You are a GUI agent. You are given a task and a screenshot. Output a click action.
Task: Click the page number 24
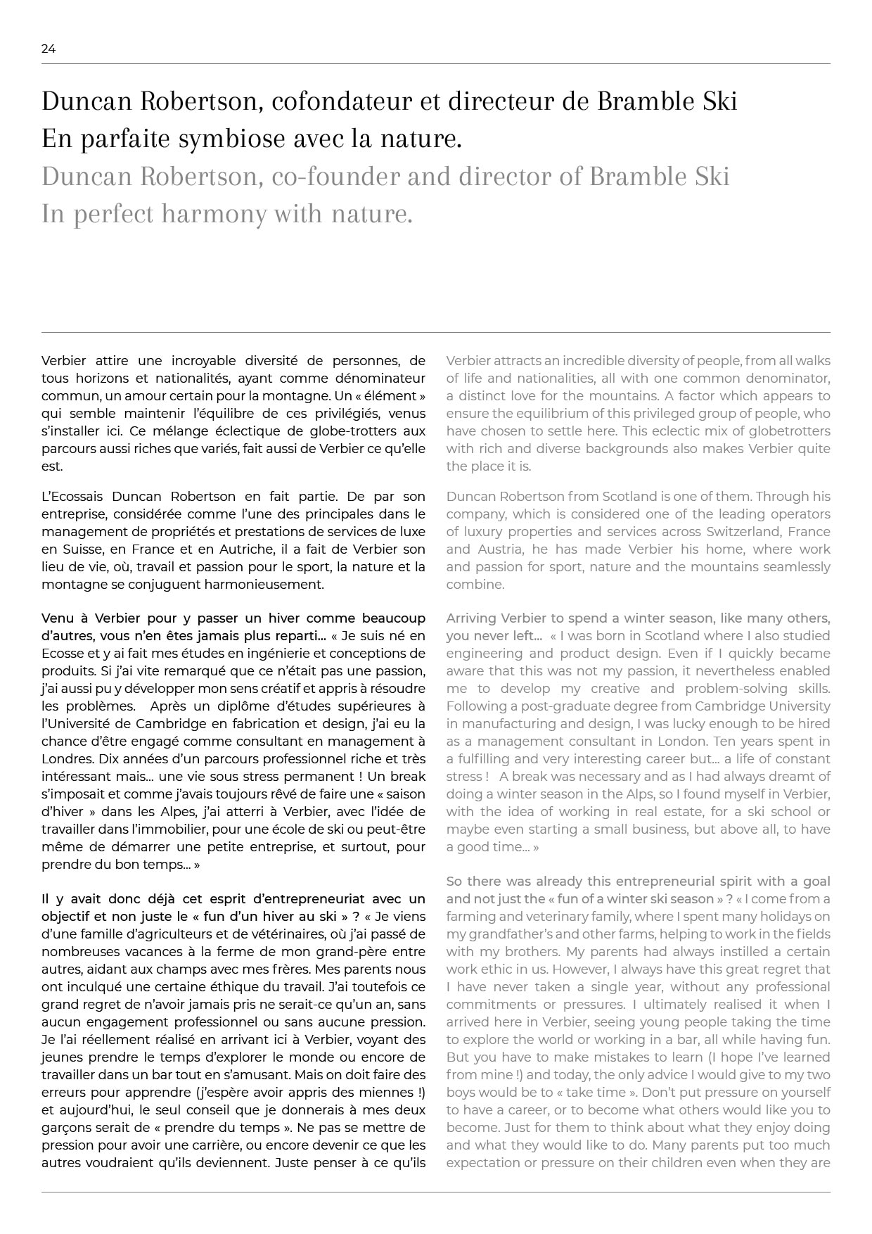coord(49,49)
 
